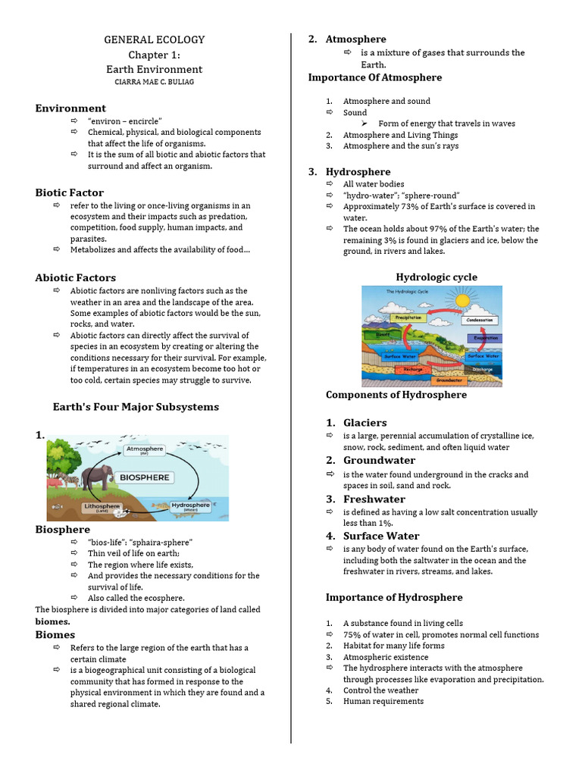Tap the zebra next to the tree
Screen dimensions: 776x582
click(x=70, y=480)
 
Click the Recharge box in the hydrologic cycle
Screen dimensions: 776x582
click(x=414, y=370)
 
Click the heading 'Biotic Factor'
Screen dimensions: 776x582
click(x=70, y=192)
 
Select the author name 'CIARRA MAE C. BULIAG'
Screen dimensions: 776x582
click(x=154, y=82)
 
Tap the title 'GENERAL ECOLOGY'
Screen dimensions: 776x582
click(x=154, y=39)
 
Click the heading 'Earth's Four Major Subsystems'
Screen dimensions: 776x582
click(x=136, y=407)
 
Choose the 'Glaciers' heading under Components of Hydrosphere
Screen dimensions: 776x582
click(x=365, y=422)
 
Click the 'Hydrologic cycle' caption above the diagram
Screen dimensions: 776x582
click(x=436, y=277)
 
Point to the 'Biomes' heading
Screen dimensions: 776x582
click(x=55, y=634)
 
